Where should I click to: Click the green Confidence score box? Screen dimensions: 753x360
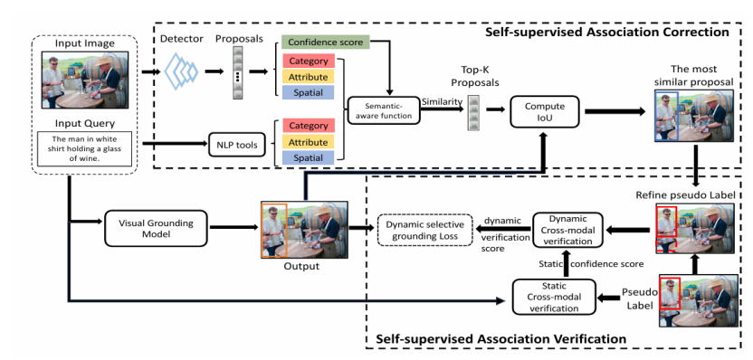pyautogui.click(x=326, y=42)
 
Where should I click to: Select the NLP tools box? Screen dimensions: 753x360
pyautogui.click(x=237, y=146)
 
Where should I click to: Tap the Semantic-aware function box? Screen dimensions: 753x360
pyautogui.click(x=382, y=111)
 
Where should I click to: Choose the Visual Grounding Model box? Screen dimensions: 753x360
pyautogui.click(x=148, y=229)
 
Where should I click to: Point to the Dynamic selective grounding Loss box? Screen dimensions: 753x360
pyautogui.click(x=425, y=231)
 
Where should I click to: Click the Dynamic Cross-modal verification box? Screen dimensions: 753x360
pyautogui.click(x=567, y=230)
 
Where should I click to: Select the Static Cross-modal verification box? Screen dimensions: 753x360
pyautogui.click(x=554, y=297)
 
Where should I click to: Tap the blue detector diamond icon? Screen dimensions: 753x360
pyautogui.click(x=181, y=71)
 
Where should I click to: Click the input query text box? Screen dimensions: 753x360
pyautogui.click(x=84, y=148)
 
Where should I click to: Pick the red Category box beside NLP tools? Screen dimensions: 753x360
pyautogui.click(x=309, y=126)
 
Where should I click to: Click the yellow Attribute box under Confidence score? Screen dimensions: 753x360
pyautogui.click(x=309, y=77)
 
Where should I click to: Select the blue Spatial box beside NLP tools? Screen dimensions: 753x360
pyautogui.click(x=309, y=157)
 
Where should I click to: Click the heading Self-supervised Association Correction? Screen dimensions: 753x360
pyautogui.click(x=607, y=33)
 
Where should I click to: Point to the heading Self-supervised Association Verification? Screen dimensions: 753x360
pyautogui.click(x=500, y=339)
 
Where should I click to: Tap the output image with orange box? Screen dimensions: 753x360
pyautogui.click(x=304, y=230)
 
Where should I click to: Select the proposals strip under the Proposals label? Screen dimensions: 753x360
pyautogui.click(x=238, y=73)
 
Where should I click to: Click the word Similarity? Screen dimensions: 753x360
pyautogui.click(x=442, y=101)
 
